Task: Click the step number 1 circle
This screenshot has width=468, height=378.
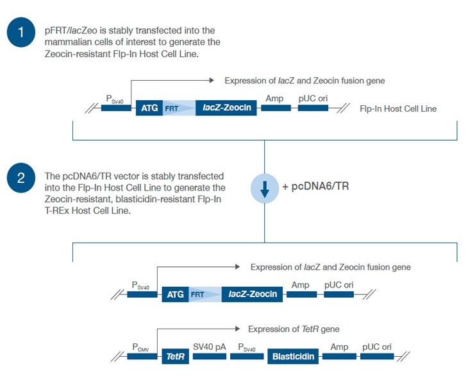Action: [21, 32]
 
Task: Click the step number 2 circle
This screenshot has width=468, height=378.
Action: [21, 179]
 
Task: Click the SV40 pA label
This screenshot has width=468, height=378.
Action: [210, 347]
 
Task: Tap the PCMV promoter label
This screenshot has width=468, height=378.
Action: [140, 348]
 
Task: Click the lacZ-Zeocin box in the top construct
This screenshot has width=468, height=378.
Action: [227, 108]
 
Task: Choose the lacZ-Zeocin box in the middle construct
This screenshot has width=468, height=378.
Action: [253, 295]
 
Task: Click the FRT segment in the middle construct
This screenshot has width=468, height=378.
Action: [197, 295]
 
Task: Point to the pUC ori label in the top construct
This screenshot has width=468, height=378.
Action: [312, 98]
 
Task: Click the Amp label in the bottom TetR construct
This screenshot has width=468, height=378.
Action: [339, 347]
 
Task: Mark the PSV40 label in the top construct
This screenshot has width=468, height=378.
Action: [115, 98]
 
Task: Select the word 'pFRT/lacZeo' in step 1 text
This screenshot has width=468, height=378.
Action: [69, 31]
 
